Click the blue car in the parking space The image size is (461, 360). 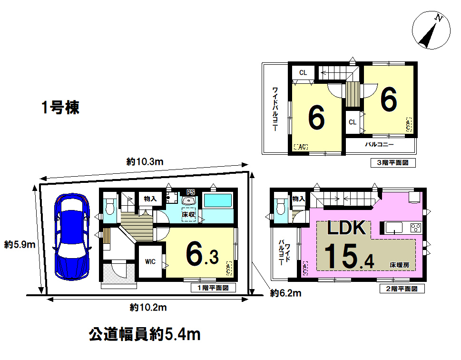[72, 237]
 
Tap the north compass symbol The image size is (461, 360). [431, 30]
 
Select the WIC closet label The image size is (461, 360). [150, 261]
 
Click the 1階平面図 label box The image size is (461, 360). [213, 288]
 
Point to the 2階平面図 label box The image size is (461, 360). [402, 289]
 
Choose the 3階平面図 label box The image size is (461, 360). [393, 163]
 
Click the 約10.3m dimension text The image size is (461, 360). [145, 161]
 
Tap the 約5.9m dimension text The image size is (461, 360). [20, 244]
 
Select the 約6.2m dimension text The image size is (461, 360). [286, 293]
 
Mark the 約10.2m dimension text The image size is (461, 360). [148, 308]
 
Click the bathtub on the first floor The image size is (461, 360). [217, 200]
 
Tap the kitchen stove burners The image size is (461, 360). [416, 228]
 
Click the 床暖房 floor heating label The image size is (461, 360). [400, 265]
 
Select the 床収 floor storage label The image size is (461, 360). [188, 215]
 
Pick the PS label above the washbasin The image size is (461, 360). [190, 192]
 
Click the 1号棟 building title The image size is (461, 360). [60, 107]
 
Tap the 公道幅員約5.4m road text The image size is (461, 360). [145, 335]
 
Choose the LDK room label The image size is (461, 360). [347, 228]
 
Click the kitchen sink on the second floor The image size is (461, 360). [393, 228]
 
